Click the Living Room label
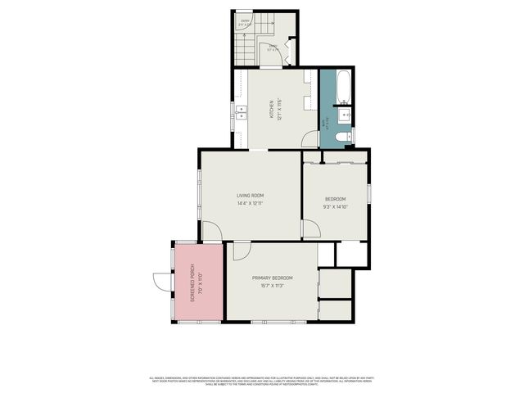click(250, 195)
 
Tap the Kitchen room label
click(271, 110)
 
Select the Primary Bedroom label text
click(272, 278)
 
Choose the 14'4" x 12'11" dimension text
click(250, 203)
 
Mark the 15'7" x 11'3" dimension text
click(272, 287)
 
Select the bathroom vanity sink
click(347, 114)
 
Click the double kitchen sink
click(242, 113)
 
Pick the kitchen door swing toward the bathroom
click(309, 141)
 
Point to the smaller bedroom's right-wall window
click(369, 192)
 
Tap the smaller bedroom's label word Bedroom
click(336, 199)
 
